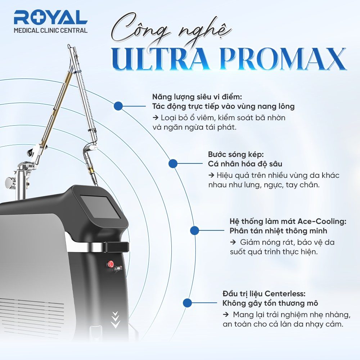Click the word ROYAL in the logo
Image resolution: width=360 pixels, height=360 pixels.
coord(50,18)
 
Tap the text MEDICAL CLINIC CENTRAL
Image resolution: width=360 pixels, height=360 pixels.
coord(50,31)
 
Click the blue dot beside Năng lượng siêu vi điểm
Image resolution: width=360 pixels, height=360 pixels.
coord(118,106)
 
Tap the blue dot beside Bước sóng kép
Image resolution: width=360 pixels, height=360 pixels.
coord(173,163)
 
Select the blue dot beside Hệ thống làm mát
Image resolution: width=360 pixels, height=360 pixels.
coord(195,230)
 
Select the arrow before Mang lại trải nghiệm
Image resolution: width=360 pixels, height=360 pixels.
coord(226,315)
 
